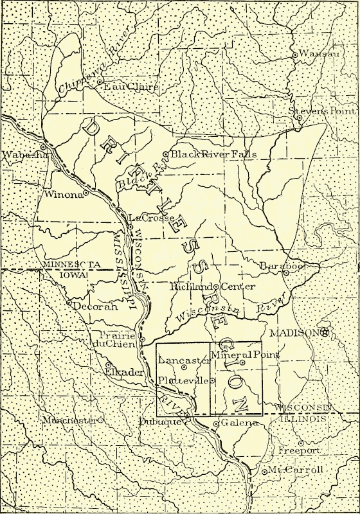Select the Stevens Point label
click(323, 111)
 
